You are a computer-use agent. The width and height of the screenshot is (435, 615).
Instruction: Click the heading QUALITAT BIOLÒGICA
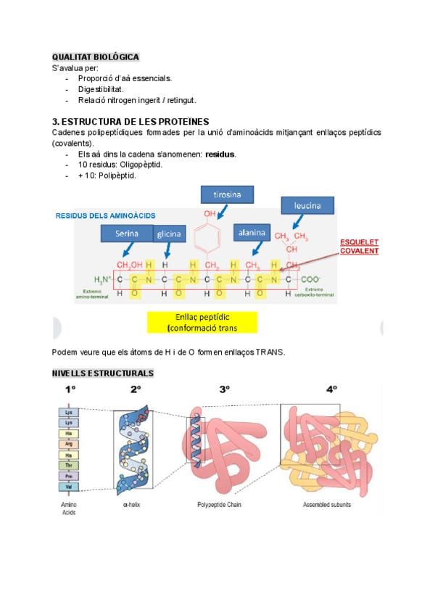point(95,57)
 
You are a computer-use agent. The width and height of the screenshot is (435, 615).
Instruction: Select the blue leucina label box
point(307,206)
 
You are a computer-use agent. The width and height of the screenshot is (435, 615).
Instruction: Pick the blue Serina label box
point(126,234)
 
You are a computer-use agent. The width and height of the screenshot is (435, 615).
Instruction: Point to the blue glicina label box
point(170,234)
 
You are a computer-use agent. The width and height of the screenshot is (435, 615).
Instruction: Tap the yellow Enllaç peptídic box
point(202,322)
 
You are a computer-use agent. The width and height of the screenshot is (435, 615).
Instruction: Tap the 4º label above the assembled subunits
point(331,389)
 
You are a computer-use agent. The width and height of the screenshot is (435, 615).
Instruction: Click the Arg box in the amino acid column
point(70,443)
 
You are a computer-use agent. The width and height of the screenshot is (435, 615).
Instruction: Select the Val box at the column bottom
point(70,487)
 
